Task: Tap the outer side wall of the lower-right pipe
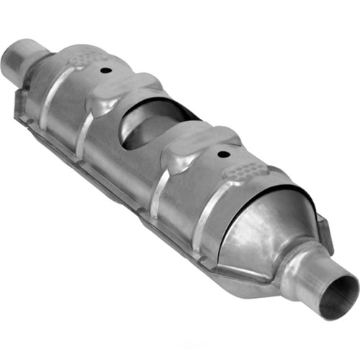click(x=317, y=277)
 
